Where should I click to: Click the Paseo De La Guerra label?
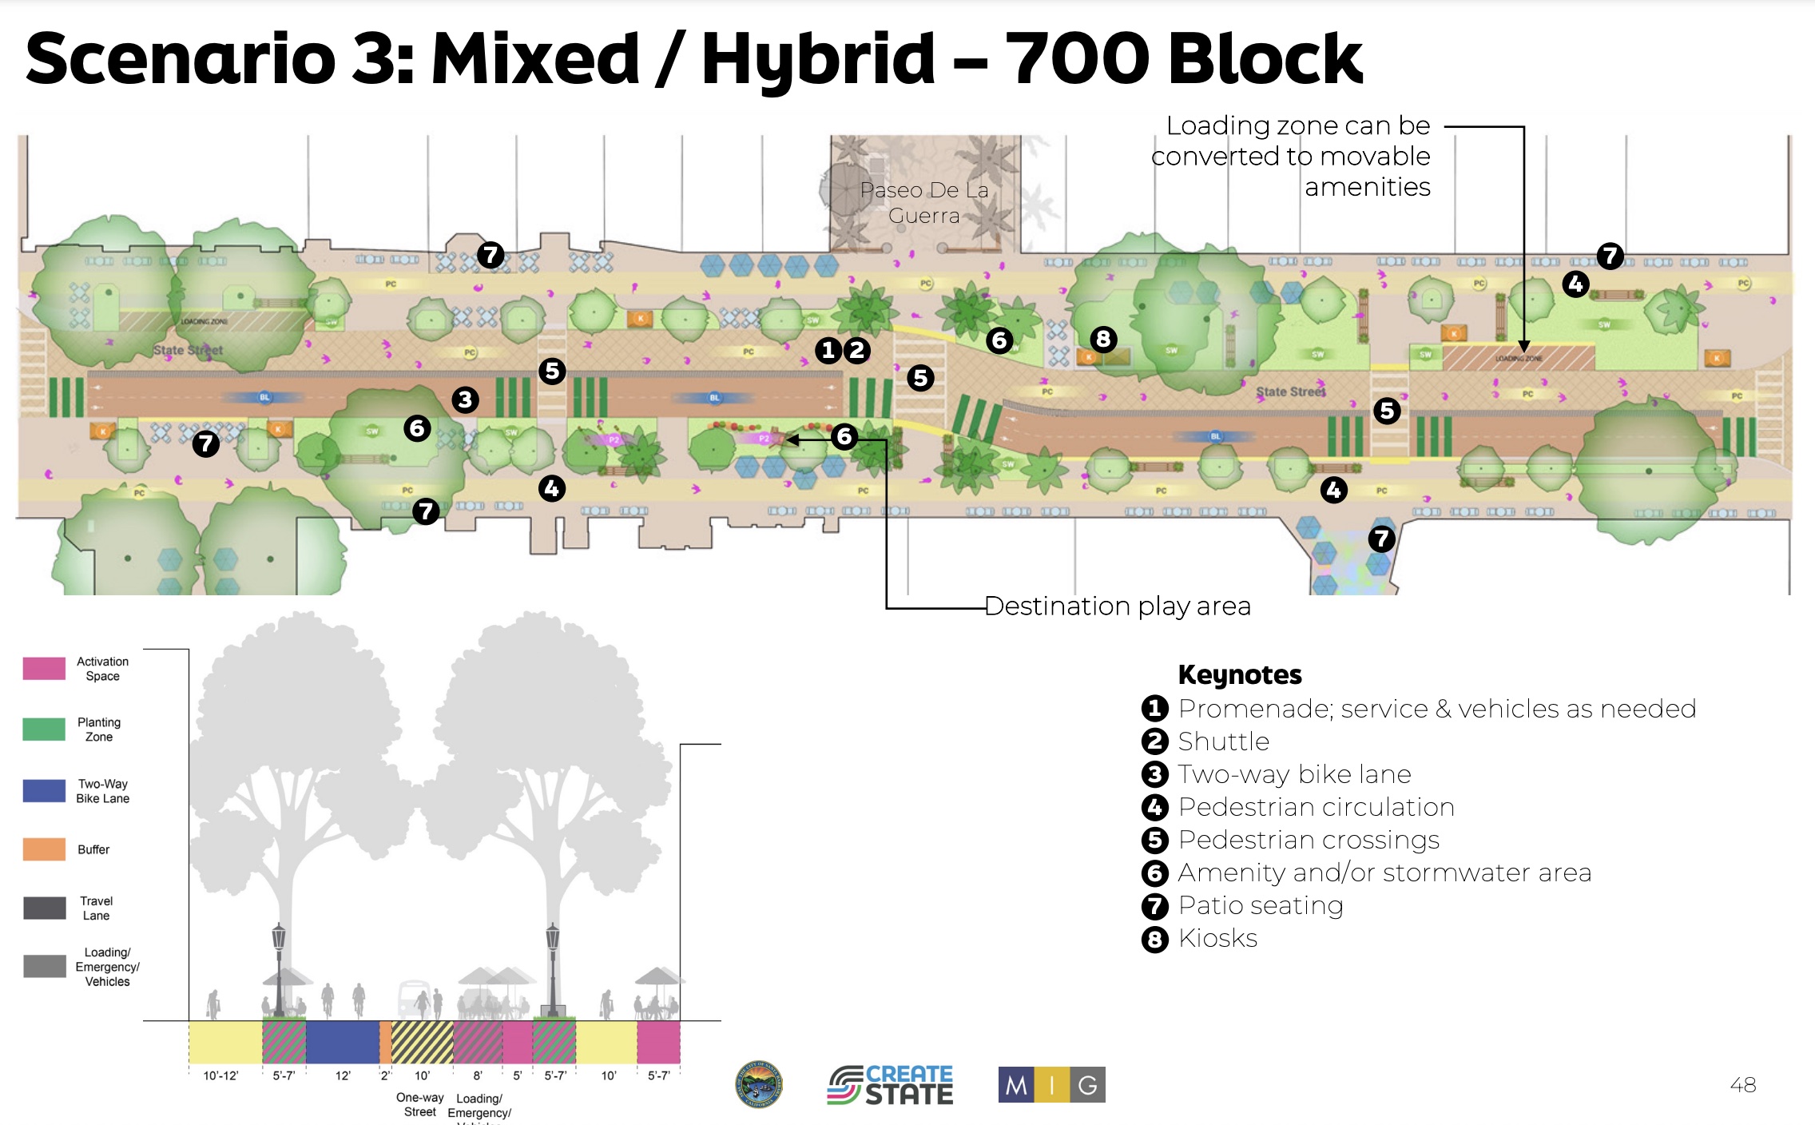click(x=924, y=203)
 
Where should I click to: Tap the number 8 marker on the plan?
click(x=1103, y=339)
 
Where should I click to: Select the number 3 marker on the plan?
click(x=465, y=400)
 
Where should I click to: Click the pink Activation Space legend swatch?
click(x=45, y=669)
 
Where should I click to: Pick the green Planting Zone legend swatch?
click(x=45, y=729)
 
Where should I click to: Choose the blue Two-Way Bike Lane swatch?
click(x=45, y=791)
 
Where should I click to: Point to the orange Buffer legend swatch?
click(x=45, y=849)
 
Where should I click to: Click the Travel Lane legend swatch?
click(x=45, y=908)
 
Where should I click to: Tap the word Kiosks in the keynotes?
click(x=1217, y=938)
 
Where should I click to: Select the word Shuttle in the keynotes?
click(x=1223, y=741)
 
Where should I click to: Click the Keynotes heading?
click(x=1240, y=675)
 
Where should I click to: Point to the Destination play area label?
click(x=1118, y=606)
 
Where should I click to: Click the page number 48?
click(x=1742, y=1085)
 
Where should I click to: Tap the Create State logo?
click(x=890, y=1085)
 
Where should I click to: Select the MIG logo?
click(x=1051, y=1085)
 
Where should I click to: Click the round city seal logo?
click(x=759, y=1085)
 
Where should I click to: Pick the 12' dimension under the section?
click(x=343, y=1075)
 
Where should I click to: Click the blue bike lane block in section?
click(x=343, y=1042)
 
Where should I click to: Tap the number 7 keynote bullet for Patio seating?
click(x=1155, y=906)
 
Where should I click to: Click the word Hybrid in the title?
click(x=818, y=59)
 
